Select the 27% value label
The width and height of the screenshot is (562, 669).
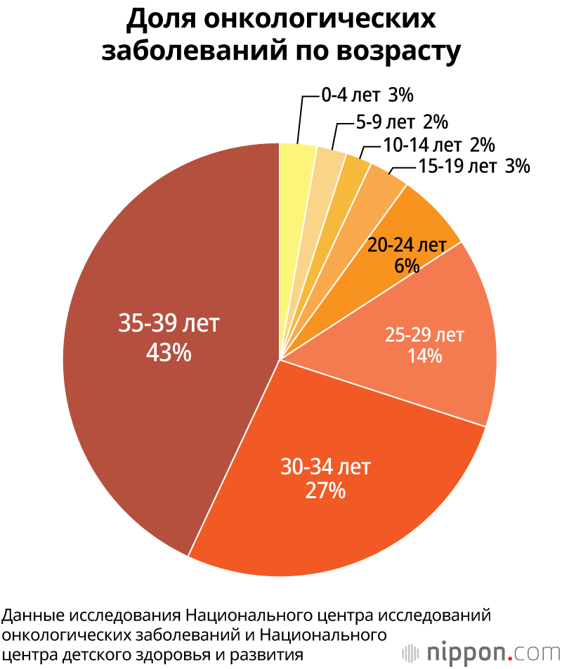point(325,490)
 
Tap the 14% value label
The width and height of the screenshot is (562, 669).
point(424,356)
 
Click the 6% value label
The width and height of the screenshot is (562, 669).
point(407,265)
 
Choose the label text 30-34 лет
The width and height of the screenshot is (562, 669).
point(325,466)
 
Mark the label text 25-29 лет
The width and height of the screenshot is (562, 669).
point(424,335)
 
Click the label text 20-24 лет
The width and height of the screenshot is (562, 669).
point(407,245)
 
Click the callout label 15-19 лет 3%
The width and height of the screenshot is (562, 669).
point(473,167)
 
